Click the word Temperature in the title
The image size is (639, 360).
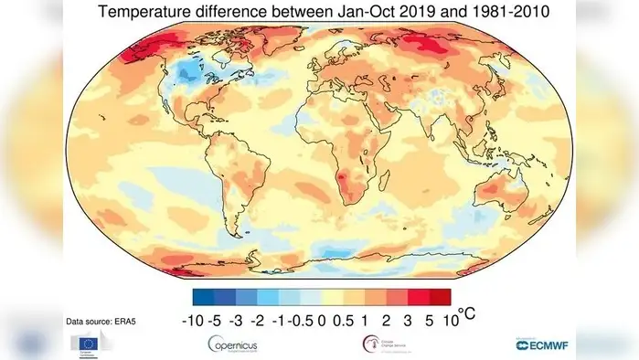pyautogui.click(x=147, y=12)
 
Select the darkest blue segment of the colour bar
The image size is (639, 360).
pyautogui.click(x=202, y=295)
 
